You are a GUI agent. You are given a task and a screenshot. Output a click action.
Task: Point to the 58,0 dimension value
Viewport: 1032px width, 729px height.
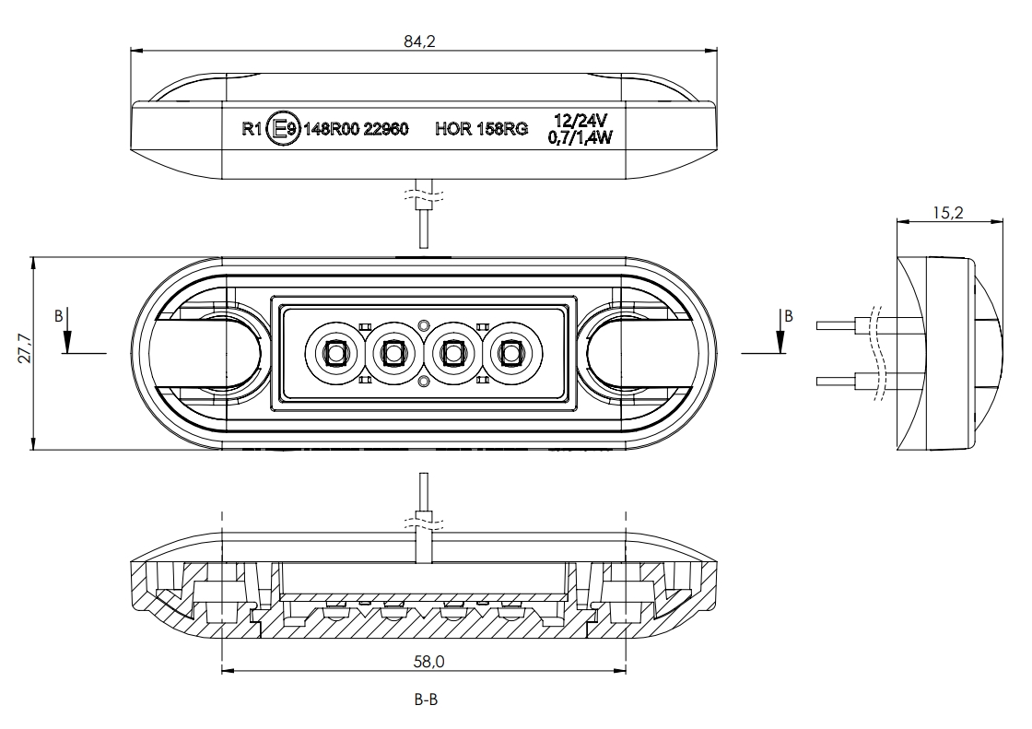pyautogui.click(x=424, y=661)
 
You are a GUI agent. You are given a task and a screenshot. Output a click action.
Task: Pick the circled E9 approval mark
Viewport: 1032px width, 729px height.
pyautogui.click(x=282, y=130)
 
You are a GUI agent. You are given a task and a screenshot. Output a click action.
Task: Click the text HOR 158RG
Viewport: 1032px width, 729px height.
pyautogui.click(x=481, y=130)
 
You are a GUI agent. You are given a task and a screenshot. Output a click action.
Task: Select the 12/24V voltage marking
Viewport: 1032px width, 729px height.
pyautogui.click(x=580, y=121)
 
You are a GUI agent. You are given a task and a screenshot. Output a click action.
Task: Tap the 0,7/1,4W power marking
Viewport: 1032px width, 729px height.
pyautogui.click(x=581, y=137)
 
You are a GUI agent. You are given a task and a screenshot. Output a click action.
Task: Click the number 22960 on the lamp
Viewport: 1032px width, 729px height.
pyautogui.click(x=384, y=130)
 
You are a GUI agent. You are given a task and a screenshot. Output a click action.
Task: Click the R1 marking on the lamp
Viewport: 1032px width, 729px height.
pyautogui.click(x=252, y=130)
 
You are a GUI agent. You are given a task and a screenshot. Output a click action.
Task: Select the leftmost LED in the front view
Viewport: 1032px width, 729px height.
pyautogui.click(x=334, y=352)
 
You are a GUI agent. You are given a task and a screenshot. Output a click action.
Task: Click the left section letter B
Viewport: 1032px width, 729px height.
pyautogui.click(x=59, y=315)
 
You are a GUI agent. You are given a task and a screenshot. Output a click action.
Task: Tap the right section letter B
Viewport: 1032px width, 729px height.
pyautogui.click(x=788, y=315)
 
